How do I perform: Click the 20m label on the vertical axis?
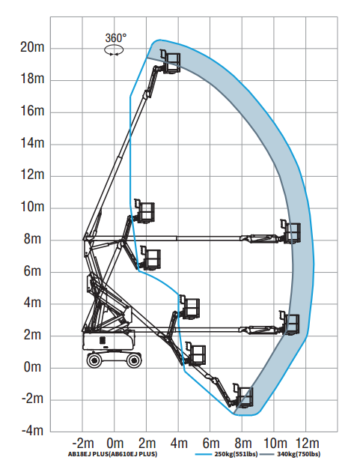pos(32,47)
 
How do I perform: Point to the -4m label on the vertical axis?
pos(32,430)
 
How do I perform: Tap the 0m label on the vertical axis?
pos(32,367)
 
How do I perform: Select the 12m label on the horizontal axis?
pos(307,444)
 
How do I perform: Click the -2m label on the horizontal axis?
pos(83,444)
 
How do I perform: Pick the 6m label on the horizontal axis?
pos(211,444)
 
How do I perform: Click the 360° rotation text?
pos(116,38)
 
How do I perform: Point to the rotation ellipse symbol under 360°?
pos(114,50)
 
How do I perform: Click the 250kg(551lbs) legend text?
pos(237,454)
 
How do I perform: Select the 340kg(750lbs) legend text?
pos(299,454)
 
